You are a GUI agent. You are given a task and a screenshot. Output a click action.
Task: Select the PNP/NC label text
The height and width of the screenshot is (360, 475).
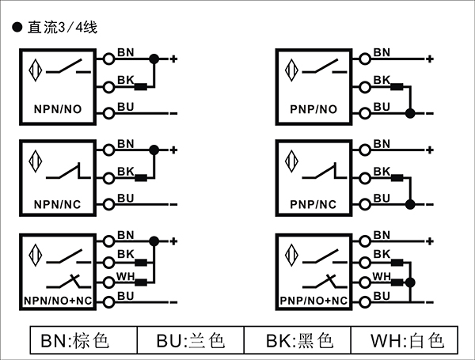point(314,204)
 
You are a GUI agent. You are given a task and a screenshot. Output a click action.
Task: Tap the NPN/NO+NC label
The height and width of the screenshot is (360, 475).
point(59,300)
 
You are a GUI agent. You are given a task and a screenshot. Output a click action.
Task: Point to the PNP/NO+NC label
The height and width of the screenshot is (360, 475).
point(314,300)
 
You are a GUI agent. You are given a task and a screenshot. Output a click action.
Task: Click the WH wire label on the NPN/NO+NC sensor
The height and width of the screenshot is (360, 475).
point(125,276)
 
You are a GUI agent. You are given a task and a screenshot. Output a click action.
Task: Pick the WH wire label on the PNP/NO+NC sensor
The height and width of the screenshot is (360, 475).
point(382,276)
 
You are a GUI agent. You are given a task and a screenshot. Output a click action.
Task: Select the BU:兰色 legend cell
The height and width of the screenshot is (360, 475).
point(191,341)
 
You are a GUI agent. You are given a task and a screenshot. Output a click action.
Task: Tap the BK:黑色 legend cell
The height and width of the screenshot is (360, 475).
point(298,341)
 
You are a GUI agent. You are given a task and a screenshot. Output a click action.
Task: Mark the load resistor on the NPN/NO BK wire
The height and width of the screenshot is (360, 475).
point(142,87)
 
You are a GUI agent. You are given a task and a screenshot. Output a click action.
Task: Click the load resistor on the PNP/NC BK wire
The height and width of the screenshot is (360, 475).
point(397,178)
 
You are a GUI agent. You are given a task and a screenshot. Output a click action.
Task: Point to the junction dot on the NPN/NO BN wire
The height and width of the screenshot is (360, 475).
point(154,58)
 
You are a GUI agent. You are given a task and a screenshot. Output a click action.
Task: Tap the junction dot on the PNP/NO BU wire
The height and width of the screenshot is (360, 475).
point(410,113)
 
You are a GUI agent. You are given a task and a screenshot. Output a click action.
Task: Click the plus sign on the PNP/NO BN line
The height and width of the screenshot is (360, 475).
point(428,59)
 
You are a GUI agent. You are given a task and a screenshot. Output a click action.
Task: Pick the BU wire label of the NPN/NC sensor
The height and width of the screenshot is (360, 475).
point(125,198)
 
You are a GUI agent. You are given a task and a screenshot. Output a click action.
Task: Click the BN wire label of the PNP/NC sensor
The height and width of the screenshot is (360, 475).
point(382,143)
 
